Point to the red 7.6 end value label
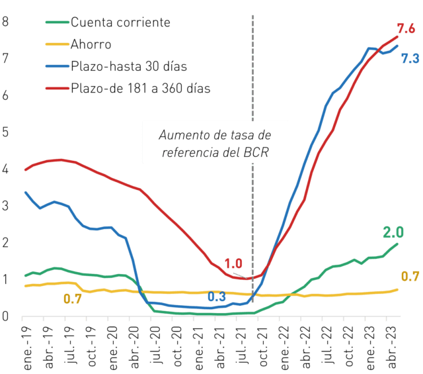[x=406, y=28]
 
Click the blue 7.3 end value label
[x=410, y=59]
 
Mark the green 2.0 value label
[x=393, y=232]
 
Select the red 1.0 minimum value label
[x=233, y=263]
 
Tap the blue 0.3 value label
[x=217, y=297]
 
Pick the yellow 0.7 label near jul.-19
[x=73, y=299]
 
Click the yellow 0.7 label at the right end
[x=410, y=277]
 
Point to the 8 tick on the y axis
[x=5, y=22]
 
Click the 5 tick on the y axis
[x=5, y=132]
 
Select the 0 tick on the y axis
[x=5, y=316]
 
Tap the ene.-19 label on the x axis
[x=28, y=348]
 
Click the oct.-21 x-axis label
[x=264, y=346]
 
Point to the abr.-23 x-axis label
[x=392, y=348]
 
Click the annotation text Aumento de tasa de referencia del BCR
[x=215, y=144]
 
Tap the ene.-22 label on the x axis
[x=285, y=348]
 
